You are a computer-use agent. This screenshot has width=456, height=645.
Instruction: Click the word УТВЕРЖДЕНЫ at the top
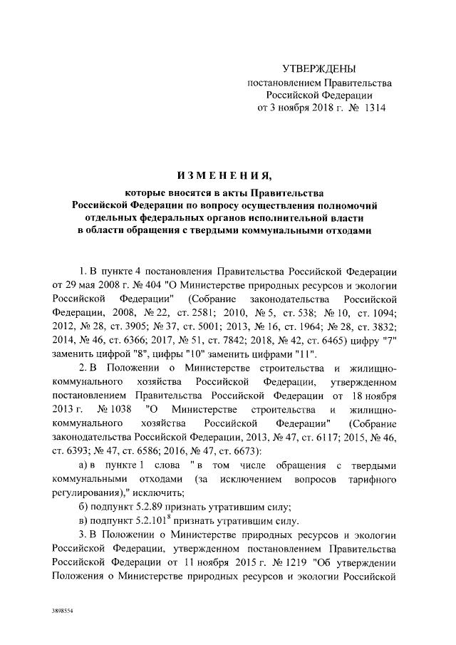318,68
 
